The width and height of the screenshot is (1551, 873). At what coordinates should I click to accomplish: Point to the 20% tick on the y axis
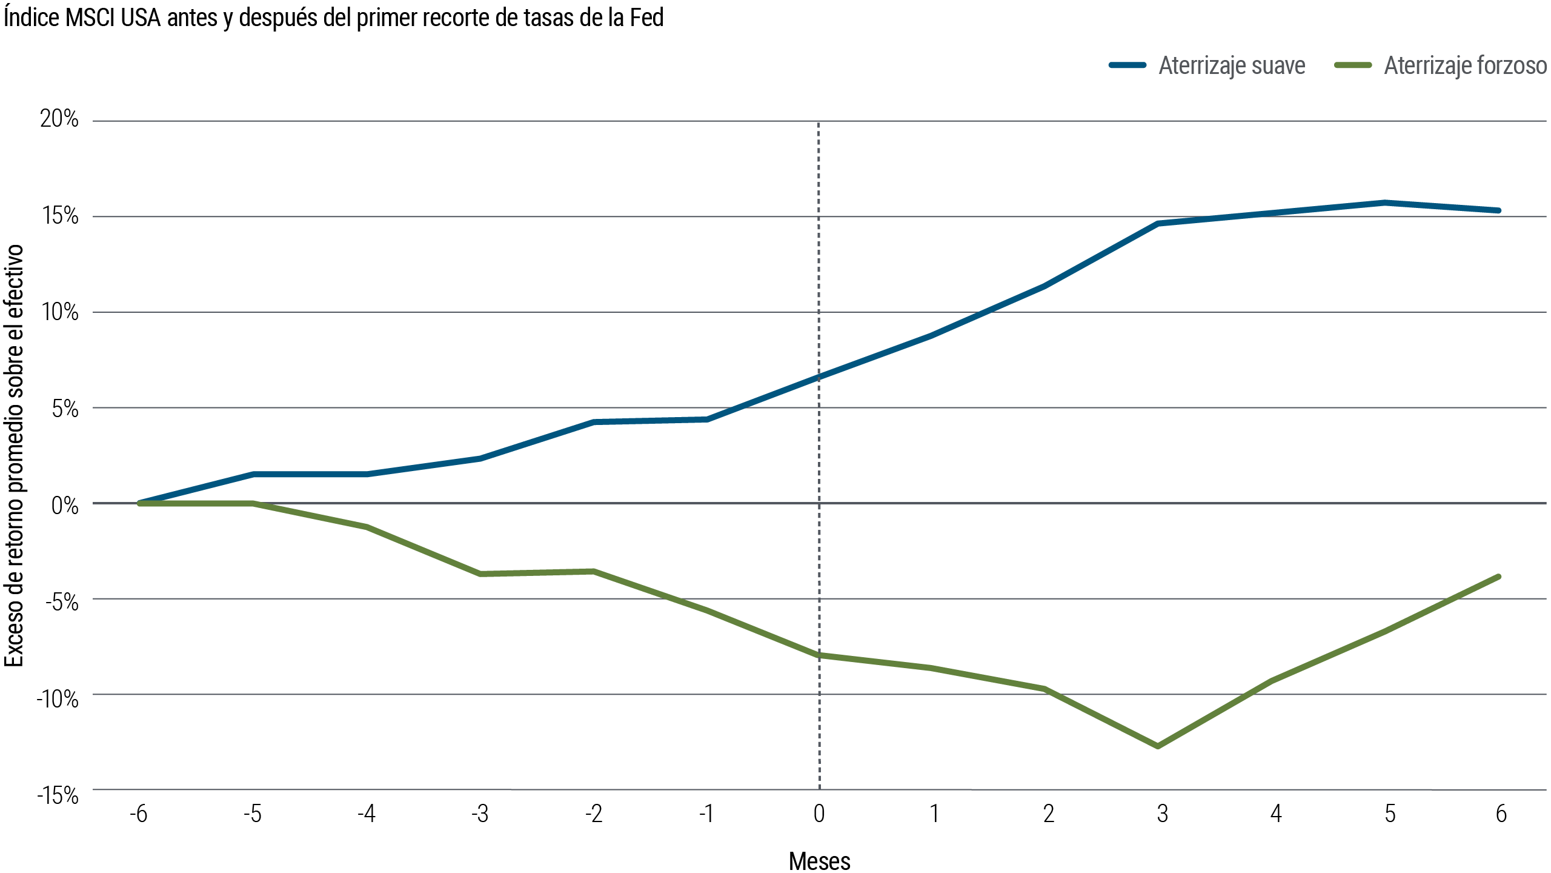59,119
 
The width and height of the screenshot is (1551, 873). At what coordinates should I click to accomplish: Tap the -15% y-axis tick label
58,795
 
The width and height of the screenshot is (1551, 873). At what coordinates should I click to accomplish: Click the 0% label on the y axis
65,505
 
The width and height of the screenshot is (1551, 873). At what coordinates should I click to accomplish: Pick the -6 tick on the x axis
139,814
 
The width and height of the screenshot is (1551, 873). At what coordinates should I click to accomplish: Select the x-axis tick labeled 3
1162,814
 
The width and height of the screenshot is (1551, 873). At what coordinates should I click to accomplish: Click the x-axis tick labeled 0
819,814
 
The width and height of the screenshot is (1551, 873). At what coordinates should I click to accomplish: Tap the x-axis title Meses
819,861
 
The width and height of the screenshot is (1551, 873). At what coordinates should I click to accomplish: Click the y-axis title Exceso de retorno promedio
15,455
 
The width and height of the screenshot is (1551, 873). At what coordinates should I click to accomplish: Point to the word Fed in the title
646,18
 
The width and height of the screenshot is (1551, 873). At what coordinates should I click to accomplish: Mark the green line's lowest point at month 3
1158,746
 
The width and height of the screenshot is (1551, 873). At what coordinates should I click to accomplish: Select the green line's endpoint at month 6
1499,577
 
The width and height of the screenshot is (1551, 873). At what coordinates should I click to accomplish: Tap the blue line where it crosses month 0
819,376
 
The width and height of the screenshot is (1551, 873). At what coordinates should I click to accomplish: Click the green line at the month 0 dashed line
819,655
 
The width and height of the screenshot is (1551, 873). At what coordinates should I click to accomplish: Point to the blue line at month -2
594,422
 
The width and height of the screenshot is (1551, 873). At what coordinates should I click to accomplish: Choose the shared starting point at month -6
140,503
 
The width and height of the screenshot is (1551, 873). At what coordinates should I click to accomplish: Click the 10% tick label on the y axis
59,312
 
